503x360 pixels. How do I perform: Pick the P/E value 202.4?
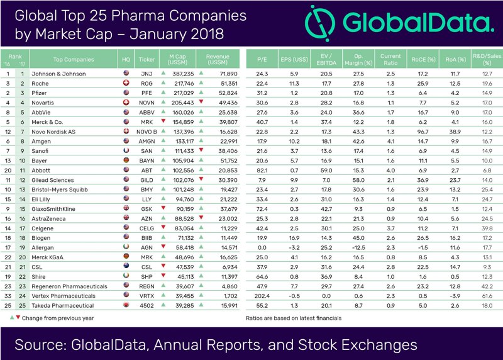click(x=263, y=296)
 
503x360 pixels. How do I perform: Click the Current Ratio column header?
click(x=390, y=60)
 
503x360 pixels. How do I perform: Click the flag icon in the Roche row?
click(x=126, y=84)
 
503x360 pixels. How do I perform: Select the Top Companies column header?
click(x=74, y=60)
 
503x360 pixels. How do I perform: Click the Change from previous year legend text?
click(x=57, y=318)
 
